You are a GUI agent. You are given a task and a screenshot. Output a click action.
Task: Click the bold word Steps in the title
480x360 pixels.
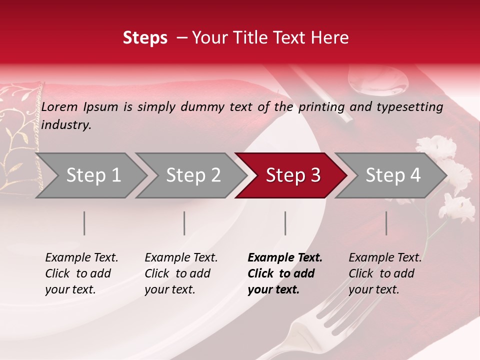[x=145, y=37]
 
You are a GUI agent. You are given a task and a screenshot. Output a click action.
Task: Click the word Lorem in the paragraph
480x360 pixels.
[x=58, y=106]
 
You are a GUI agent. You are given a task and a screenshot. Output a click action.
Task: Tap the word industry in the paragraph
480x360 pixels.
[x=66, y=124]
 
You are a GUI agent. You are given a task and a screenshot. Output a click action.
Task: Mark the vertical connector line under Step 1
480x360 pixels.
[x=84, y=223]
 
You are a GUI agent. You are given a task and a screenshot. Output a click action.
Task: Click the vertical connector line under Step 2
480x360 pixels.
[x=184, y=223]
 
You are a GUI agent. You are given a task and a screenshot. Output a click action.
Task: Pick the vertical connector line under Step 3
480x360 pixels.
[x=285, y=223]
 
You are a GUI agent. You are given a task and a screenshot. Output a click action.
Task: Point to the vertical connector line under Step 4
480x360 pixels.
[x=386, y=223]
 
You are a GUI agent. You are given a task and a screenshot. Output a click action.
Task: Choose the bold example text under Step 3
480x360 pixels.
[x=284, y=273]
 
